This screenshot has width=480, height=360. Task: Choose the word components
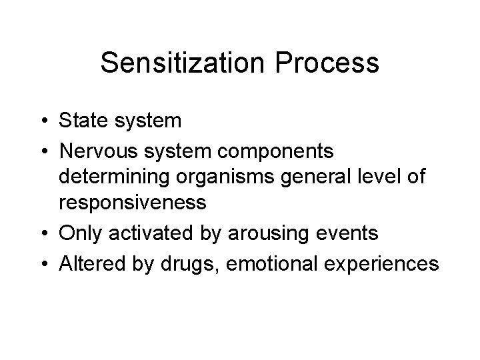point(274,151)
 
